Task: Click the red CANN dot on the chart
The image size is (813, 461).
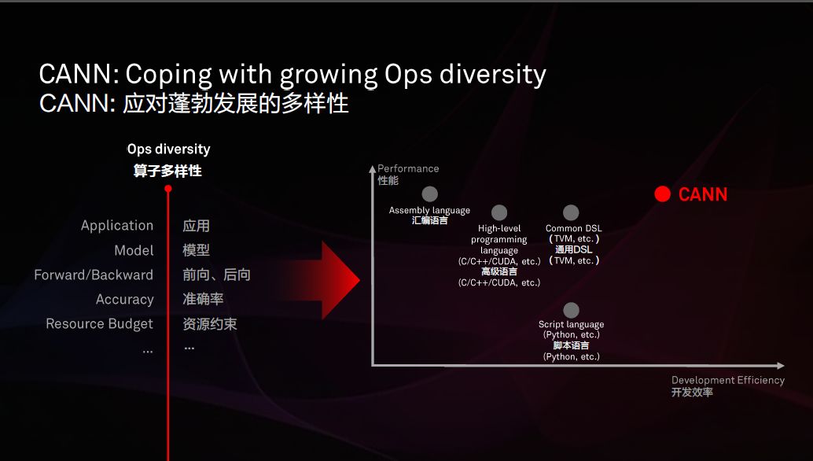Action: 662,194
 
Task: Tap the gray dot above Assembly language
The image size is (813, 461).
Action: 429,194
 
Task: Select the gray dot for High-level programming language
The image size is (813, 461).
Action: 498,212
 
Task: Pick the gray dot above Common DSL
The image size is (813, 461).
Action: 570,212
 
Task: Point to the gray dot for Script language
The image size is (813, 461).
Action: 571,310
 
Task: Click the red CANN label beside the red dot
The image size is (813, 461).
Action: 703,194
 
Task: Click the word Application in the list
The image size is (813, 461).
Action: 117,226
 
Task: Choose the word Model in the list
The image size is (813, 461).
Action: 134,250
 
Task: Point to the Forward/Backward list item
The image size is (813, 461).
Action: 94,275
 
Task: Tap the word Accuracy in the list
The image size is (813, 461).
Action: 124,299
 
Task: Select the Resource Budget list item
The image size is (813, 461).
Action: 100,323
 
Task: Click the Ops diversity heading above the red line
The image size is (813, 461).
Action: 168,149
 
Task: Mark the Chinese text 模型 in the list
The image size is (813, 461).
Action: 196,250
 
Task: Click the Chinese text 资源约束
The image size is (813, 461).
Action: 209,324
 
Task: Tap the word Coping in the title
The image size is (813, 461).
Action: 168,75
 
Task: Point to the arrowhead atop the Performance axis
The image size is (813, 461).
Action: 372,169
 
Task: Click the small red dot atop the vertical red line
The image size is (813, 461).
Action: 168,189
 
